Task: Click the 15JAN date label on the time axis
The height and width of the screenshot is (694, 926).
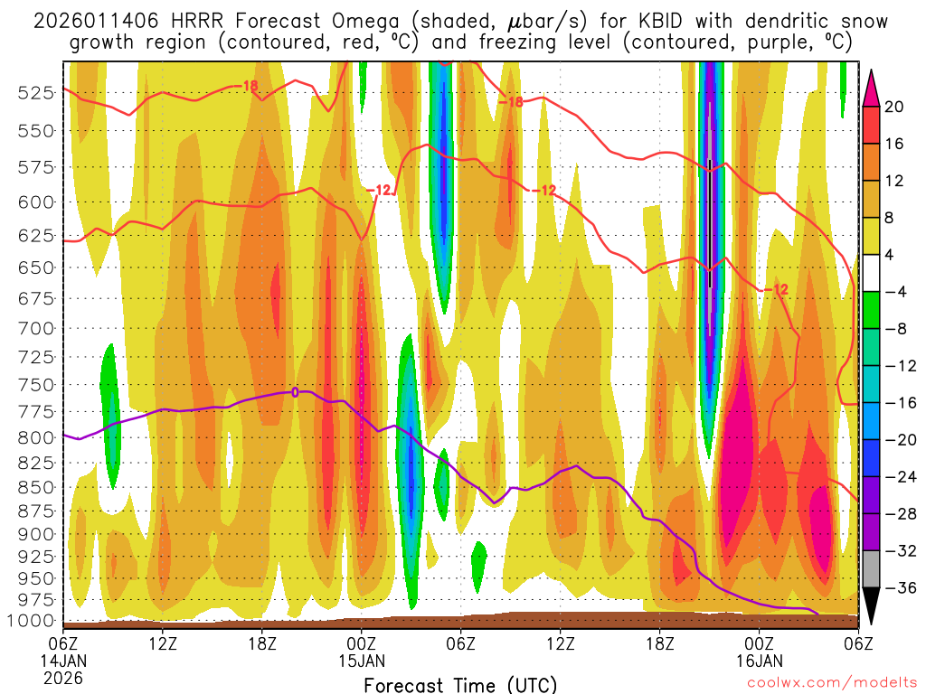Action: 362,661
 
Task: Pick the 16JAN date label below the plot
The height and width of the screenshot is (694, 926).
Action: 759,661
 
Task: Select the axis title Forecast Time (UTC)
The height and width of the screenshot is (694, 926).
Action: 460,684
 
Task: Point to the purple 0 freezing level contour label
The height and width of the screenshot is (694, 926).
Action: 295,392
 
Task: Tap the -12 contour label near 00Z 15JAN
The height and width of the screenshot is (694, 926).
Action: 382,190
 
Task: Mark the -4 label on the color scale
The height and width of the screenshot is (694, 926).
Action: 895,292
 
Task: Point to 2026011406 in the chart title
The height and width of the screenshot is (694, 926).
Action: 91,20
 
